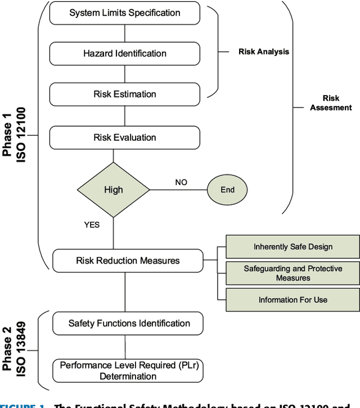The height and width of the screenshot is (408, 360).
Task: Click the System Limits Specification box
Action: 124,13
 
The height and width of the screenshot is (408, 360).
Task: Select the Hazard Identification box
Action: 124,53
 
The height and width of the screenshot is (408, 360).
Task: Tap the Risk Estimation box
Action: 124,94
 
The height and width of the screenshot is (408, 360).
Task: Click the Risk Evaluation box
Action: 124,137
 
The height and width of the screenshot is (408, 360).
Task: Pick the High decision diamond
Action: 113,190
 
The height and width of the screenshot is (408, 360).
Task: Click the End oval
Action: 227,190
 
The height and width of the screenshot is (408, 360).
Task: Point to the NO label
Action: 181,182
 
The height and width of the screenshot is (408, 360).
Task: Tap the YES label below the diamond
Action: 92,225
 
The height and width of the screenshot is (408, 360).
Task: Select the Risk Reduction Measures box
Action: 128,261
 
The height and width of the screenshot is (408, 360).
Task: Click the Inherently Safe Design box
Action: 292,246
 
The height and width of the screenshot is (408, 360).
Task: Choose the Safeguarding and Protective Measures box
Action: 292,274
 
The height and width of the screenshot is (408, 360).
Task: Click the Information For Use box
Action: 292,299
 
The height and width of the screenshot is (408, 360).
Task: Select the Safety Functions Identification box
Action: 128,323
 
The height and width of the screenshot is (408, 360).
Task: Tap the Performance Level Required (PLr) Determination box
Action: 128,370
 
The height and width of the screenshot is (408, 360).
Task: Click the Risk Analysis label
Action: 263,52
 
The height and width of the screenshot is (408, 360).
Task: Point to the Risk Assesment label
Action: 330,103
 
